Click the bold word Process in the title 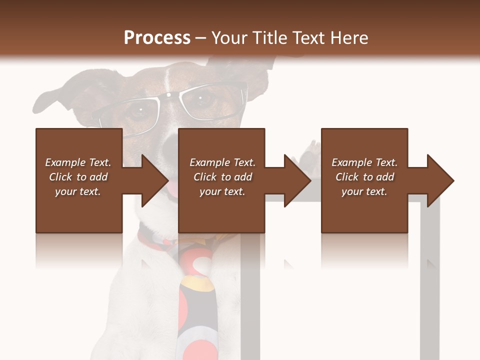157,38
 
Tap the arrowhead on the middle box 297,180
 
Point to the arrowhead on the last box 440,180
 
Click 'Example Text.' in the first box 78,162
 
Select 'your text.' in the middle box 222,191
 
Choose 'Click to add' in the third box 364,177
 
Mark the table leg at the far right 429,275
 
